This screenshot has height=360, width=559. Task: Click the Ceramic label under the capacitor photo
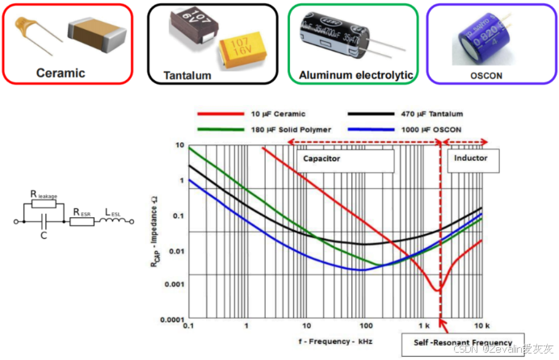(61, 73)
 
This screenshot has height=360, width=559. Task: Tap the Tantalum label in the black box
(187, 75)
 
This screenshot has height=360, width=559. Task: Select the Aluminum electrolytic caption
(355, 75)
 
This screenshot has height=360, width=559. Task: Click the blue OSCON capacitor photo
(484, 36)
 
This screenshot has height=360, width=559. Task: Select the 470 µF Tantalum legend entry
(429, 114)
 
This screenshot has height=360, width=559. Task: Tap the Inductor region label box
(473, 159)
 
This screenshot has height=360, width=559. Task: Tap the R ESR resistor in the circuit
(82, 218)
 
